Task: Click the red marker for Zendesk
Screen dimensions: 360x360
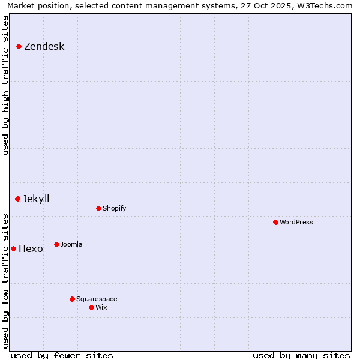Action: coord(19,46)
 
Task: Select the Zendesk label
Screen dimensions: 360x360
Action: coord(44,47)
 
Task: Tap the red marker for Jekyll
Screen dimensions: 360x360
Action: coord(17,199)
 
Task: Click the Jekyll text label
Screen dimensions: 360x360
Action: coord(36,199)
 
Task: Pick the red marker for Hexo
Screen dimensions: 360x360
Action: coord(13,248)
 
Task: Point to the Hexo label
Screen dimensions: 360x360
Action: coord(31,249)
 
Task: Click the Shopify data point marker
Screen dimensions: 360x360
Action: coord(98,208)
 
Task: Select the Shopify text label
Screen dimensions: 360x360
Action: coord(114,209)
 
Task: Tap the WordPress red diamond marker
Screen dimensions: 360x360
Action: coord(275,222)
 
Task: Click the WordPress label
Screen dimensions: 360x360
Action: coord(296,223)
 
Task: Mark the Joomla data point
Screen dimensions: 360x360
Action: coord(56,244)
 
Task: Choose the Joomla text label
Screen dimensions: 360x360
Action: coord(71,245)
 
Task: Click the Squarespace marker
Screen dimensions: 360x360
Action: coord(72,299)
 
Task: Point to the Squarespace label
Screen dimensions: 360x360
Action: coord(97,299)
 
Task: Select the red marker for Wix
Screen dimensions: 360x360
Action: coord(91,307)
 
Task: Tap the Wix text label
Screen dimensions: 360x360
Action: coord(101,308)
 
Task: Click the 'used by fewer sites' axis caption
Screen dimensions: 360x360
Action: coord(62,355)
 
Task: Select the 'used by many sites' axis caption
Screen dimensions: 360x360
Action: coord(301,355)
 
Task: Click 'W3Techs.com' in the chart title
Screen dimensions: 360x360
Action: coord(327,5)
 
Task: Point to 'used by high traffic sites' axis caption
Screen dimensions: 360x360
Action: coord(5,85)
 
